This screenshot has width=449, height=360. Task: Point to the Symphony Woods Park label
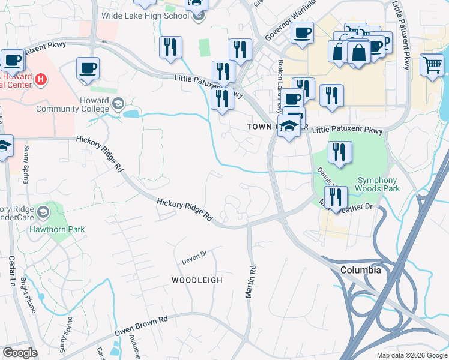click(377, 184)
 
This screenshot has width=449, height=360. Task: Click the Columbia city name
click(360, 270)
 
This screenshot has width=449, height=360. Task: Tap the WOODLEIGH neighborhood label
click(197, 280)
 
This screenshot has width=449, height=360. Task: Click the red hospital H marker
click(41, 79)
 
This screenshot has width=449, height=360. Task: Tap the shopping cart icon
click(432, 64)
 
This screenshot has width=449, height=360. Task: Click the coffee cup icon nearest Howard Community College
click(88, 68)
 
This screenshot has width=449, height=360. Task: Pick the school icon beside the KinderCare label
click(43, 212)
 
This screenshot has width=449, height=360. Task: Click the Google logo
click(19, 352)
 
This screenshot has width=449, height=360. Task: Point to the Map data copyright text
click(411, 355)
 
